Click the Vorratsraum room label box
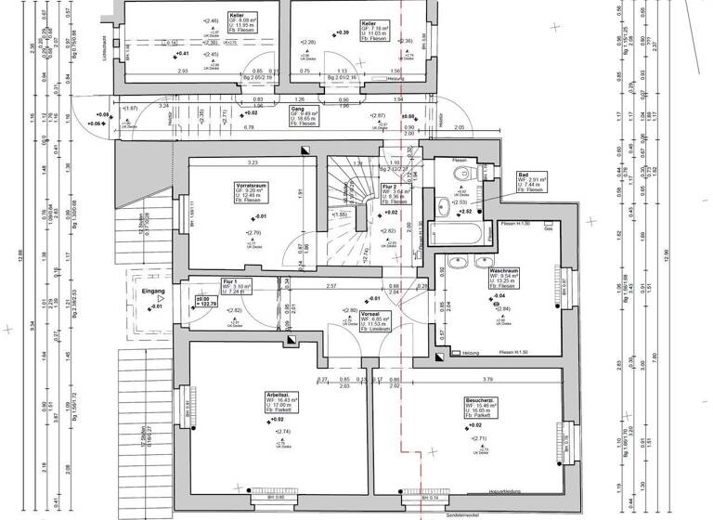250,192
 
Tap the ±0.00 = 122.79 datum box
205,302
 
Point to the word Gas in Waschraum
550,237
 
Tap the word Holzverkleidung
485,492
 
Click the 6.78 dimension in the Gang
250,126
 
